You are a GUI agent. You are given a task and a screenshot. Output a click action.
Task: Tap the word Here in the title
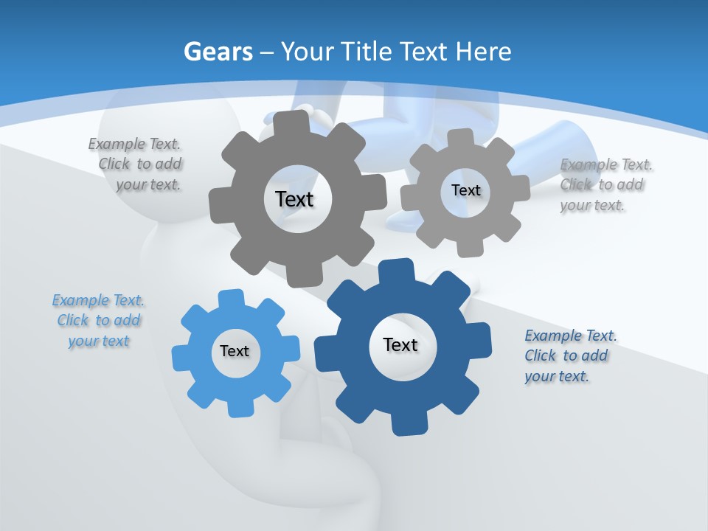click(483, 52)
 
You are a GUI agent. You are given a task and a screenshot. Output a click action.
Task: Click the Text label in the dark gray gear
click(294, 199)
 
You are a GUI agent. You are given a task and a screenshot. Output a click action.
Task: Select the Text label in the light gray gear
click(465, 190)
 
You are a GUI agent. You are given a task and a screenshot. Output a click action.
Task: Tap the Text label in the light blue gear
click(235, 351)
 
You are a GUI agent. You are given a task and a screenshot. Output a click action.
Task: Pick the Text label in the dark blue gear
click(400, 344)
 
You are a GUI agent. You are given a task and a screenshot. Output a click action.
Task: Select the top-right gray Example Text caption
click(604, 184)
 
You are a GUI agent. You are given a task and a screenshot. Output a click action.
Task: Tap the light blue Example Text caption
click(98, 321)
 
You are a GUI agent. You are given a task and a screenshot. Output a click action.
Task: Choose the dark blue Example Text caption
click(569, 355)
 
